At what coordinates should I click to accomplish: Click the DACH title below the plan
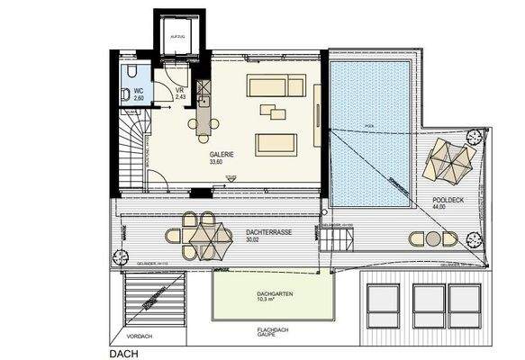125,354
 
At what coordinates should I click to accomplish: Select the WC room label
139,91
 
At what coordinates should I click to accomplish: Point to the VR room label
180,91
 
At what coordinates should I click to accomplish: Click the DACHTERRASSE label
270,231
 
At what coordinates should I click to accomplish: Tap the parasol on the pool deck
449,161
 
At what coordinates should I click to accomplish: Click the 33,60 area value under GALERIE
217,163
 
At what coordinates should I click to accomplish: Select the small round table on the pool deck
434,239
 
